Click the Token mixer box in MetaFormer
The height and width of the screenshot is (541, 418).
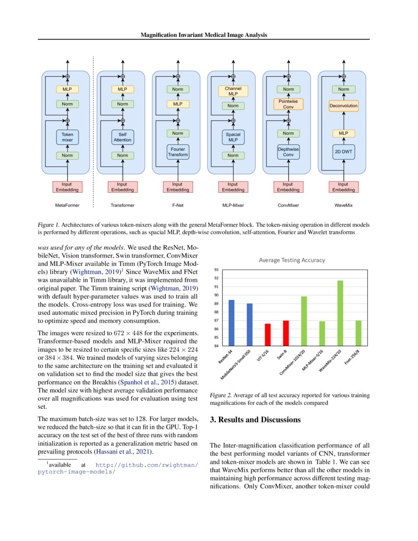(67, 137)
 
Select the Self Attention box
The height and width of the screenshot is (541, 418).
(122, 137)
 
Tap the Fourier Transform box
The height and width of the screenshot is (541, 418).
(178, 151)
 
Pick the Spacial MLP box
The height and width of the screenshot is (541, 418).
(233, 137)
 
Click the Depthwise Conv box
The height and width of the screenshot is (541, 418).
(288, 152)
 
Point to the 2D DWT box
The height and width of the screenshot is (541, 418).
(343, 151)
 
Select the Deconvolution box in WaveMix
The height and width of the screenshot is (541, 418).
(343, 106)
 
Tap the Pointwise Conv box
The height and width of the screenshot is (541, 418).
(288, 104)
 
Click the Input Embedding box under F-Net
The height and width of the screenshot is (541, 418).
(178, 187)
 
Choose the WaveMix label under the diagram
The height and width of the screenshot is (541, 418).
(343, 205)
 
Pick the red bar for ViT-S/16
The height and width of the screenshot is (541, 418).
(268, 334)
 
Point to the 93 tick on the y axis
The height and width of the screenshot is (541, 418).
(215, 270)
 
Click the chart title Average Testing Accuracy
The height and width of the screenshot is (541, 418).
(292, 260)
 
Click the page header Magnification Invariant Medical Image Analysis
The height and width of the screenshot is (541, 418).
(204, 35)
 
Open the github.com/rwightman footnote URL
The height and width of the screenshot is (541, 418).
(148, 465)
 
